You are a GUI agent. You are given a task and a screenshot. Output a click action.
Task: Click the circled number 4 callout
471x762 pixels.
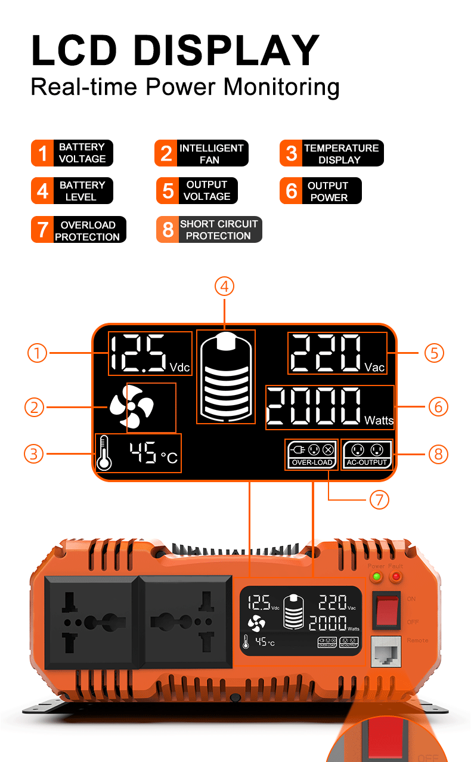(224, 286)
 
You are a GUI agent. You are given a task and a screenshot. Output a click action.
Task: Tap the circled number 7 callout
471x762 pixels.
(379, 499)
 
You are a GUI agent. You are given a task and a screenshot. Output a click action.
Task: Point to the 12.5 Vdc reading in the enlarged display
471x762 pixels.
(150, 353)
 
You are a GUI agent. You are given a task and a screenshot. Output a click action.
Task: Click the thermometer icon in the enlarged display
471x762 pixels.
(104, 453)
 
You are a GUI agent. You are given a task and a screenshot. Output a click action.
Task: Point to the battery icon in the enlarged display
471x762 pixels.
(225, 377)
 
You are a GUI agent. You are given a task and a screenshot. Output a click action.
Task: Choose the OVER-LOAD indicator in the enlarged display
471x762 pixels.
(312, 454)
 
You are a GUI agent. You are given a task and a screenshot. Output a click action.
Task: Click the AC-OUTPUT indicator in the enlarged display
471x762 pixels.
(367, 454)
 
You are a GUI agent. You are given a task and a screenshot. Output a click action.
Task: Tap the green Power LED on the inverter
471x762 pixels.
(376, 577)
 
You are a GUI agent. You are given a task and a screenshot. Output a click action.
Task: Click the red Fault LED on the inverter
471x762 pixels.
(395, 577)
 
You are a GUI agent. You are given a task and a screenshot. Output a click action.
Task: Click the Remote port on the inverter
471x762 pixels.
(386, 652)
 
